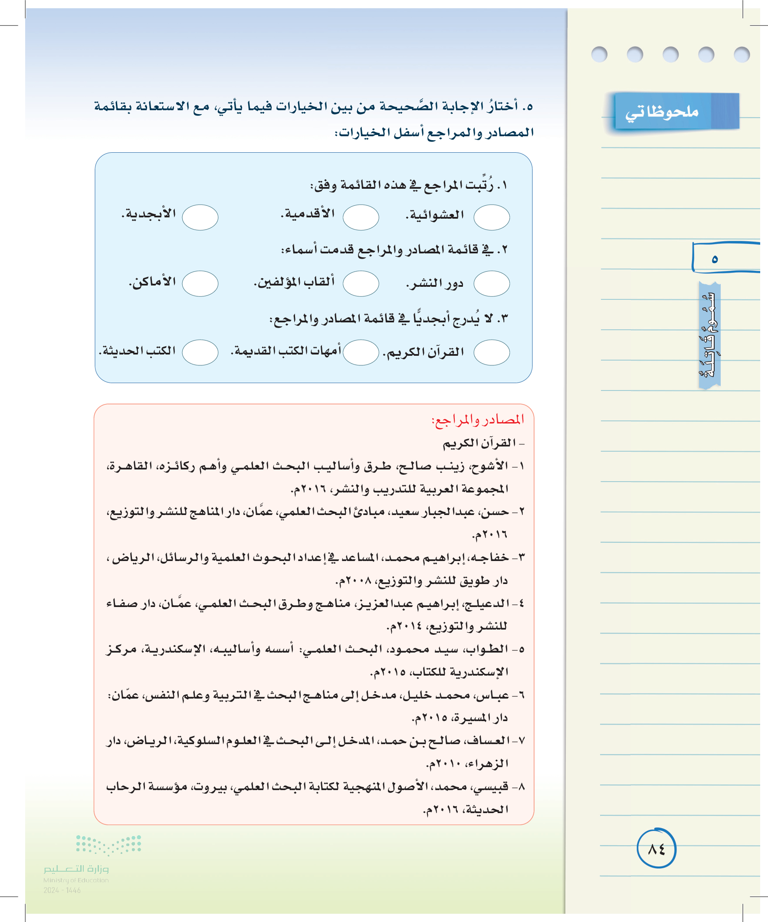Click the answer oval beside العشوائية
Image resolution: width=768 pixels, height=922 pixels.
[491, 217]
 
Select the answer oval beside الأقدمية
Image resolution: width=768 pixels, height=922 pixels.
[361, 217]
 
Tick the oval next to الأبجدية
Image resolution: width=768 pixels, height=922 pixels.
[200, 217]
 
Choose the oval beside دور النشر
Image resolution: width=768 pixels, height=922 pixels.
[491, 284]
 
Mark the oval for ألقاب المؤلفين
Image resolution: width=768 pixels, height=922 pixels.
[361, 284]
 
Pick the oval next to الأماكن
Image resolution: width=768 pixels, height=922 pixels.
[200, 284]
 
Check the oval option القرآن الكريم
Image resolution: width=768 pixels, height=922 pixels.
[491, 352]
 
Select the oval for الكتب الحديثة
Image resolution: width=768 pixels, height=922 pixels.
[200, 352]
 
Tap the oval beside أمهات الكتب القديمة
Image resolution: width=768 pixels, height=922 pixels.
[361, 352]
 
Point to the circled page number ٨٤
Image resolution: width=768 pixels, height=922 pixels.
[656, 849]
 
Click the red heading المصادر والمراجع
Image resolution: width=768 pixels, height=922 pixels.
[478, 420]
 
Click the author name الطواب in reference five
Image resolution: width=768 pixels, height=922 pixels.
[491, 649]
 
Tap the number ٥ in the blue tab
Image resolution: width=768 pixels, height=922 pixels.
[715, 259]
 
